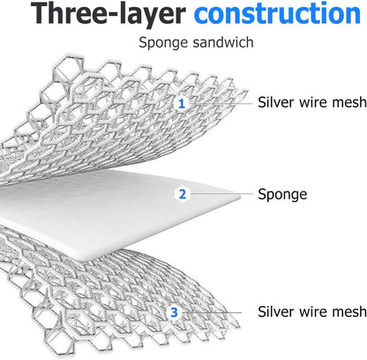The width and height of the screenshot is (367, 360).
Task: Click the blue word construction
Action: tap(277, 13)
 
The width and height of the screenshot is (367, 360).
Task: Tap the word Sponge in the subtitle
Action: tap(163, 43)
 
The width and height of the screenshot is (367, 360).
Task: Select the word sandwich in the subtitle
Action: tap(223, 42)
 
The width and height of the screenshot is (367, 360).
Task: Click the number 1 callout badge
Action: tap(182, 103)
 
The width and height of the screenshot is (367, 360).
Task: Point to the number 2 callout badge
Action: tap(183, 194)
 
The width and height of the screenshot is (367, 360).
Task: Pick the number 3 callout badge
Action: tap(174, 312)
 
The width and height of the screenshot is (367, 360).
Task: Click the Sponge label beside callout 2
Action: tap(282, 195)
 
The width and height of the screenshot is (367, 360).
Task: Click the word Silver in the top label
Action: tap(276, 102)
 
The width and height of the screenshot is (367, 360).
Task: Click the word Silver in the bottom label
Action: tap(276, 311)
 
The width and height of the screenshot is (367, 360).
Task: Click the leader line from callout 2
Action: tap(221, 193)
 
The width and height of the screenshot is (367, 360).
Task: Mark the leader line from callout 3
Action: tap(212, 312)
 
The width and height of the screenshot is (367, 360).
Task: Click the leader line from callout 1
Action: tap(221, 103)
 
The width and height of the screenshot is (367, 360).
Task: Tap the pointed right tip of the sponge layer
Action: tap(241, 195)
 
